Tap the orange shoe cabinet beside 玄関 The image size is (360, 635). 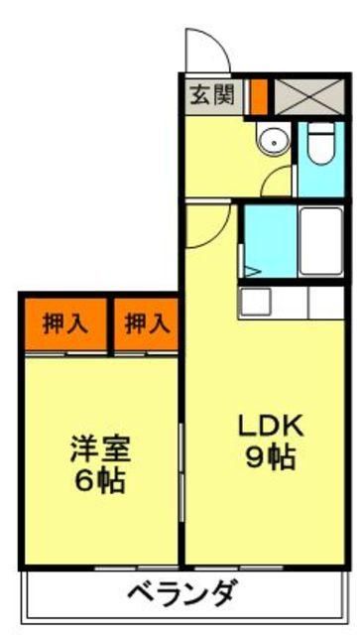click(259, 96)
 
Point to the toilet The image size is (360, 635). click(320, 145)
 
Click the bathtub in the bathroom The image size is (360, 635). click(319, 241)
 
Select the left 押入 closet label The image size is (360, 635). click(62, 322)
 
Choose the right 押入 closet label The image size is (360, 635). click(145, 322)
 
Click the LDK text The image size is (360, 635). click(269, 425)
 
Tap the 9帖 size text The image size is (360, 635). click(269, 459)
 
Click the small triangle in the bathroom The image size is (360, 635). click(251, 268)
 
